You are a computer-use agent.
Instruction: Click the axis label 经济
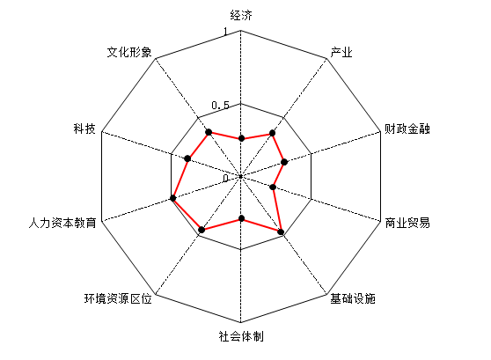[241, 15]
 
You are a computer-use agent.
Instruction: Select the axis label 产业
[341, 52]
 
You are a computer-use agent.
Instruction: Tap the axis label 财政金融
[407, 129]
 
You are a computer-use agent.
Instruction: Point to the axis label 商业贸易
[407, 223]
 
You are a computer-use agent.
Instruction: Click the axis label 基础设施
[353, 298]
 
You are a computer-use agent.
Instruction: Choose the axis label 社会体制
[241, 336]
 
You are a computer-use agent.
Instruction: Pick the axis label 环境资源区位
[118, 298]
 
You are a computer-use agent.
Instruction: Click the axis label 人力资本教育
[62, 223]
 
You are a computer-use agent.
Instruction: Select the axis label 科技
[84, 129]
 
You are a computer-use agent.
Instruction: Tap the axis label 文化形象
[129, 52]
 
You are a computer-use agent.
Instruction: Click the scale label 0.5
[221, 106]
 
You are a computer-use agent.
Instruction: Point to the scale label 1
[225, 32]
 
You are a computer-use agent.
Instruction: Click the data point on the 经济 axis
[241, 138]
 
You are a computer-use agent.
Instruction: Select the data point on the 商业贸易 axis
[273, 187]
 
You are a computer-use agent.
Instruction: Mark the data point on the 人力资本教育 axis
[172, 198]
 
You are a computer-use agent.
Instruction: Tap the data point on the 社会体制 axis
[241, 218]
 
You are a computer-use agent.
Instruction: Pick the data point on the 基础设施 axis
[281, 231]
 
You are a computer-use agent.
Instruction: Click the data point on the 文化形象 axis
[209, 132]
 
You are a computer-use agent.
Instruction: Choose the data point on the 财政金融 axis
[284, 162]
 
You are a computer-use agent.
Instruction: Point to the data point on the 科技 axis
[187, 158]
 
